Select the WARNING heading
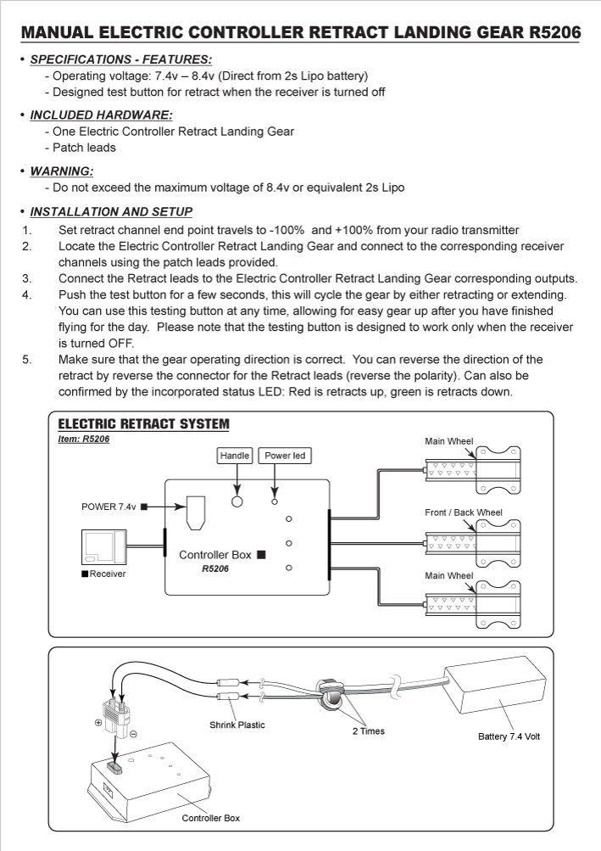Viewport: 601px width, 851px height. click(61, 171)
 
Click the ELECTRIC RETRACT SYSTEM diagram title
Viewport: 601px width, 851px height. click(143, 424)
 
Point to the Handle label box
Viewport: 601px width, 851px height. click(235, 456)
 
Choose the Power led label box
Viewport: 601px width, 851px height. click(285, 456)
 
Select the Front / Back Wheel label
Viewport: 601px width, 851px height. click(463, 512)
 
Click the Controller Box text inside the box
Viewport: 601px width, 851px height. click(215, 554)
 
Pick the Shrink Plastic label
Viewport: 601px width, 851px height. click(237, 725)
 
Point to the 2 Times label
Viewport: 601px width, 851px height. click(368, 731)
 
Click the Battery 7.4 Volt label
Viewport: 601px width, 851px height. click(509, 736)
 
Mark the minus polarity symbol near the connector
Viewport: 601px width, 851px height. click(134, 733)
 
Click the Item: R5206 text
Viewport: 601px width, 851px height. click(84, 439)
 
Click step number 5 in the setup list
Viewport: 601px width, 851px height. click(27, 360)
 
